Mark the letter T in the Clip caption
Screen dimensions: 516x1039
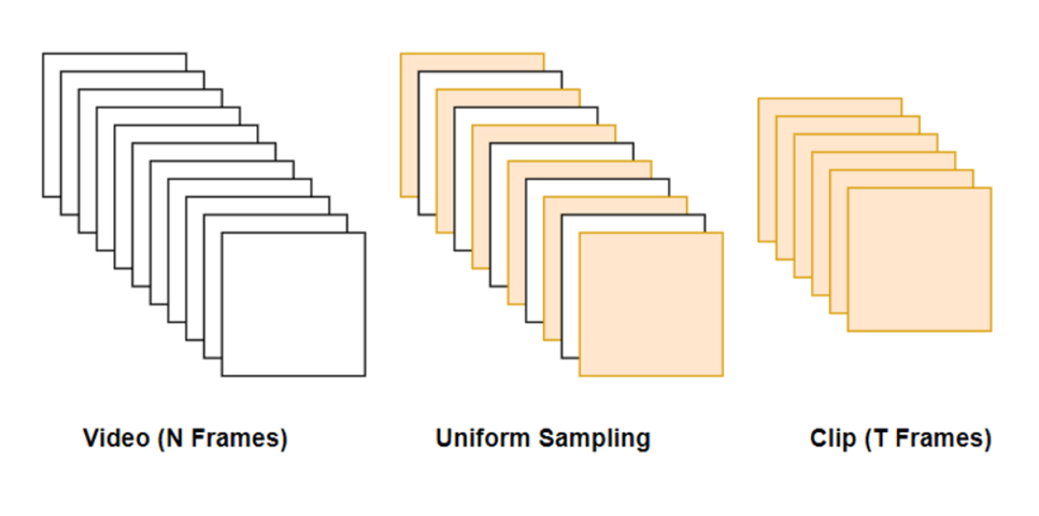[880, 439]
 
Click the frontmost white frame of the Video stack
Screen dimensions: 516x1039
[293, 303]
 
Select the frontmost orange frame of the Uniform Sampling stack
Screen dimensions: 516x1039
[650, 303]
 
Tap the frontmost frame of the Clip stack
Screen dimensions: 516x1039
[919, 259]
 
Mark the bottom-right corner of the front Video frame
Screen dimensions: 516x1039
[365, 376]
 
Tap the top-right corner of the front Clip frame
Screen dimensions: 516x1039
[991, 188]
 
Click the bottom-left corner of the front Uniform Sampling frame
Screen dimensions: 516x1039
[580, 376]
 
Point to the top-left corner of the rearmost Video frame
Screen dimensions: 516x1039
[43, 54]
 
